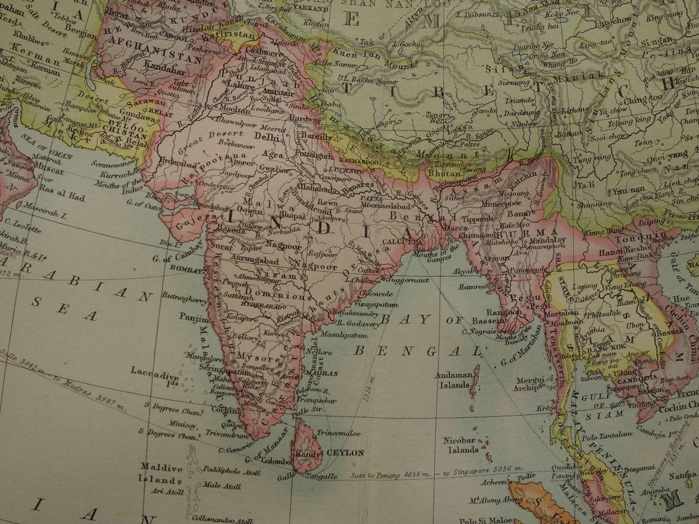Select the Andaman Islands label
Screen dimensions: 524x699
click(454, 380)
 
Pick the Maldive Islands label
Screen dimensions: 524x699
click(161, 473)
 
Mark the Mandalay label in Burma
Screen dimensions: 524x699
click(547, 240)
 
